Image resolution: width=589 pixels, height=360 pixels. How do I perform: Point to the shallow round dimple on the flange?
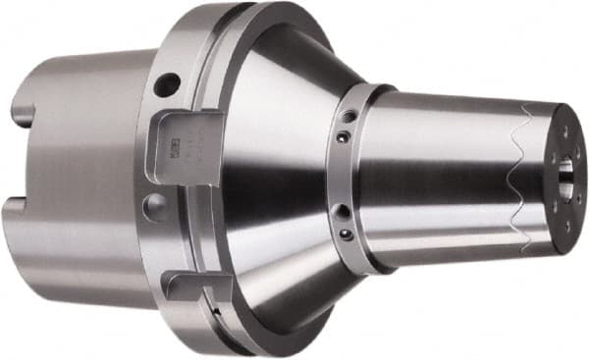(154, 205)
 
